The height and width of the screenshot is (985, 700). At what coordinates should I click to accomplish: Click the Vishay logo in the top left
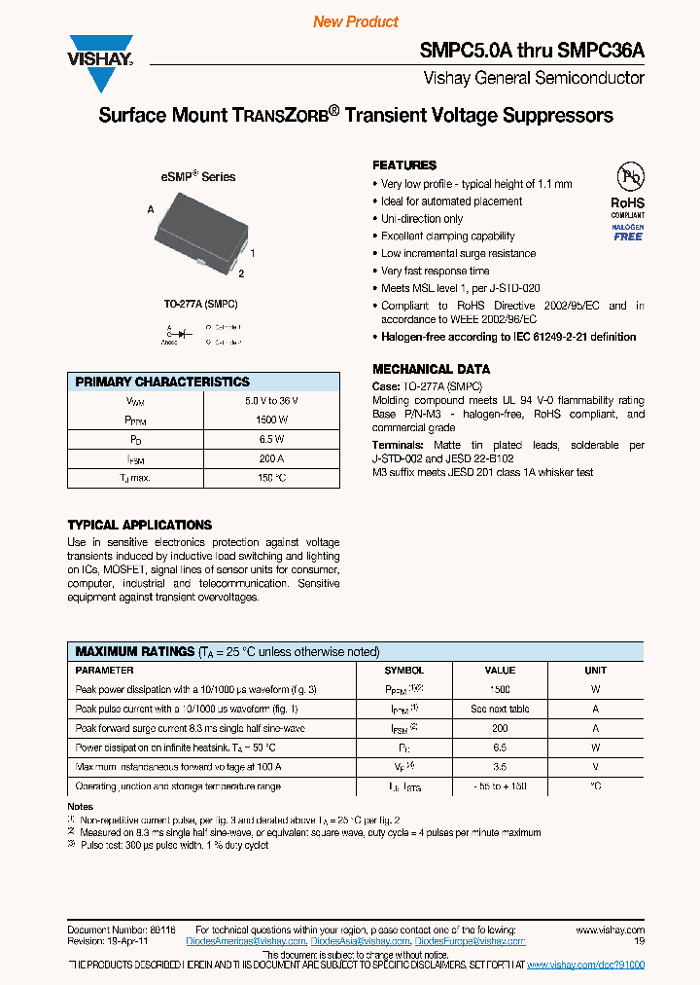99,52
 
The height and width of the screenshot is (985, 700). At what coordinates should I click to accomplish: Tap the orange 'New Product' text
356,22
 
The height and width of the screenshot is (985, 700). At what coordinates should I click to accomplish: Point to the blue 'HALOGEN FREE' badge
628,233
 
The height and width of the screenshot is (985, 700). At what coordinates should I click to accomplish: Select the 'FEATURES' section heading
404,165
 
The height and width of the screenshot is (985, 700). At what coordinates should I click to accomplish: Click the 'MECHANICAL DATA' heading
431,369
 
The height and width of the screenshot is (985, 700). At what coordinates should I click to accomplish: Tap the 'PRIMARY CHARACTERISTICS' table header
162,383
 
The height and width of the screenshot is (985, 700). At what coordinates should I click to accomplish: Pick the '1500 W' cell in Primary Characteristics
271,420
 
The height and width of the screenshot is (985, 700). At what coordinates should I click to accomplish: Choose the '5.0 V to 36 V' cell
271,401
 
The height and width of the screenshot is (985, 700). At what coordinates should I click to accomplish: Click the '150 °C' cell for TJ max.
271,478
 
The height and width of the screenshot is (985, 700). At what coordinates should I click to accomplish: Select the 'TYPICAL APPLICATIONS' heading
139,525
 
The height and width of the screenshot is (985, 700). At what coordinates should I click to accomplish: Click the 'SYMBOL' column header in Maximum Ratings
404,671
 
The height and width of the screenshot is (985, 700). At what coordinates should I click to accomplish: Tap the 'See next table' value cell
500,709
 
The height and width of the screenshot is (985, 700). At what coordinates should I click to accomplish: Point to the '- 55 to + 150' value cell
500,785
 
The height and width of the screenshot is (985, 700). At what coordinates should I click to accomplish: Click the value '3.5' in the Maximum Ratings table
500,766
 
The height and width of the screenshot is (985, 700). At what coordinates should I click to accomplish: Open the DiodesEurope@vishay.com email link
470,941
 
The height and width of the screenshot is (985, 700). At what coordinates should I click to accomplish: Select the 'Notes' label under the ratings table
81,806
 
